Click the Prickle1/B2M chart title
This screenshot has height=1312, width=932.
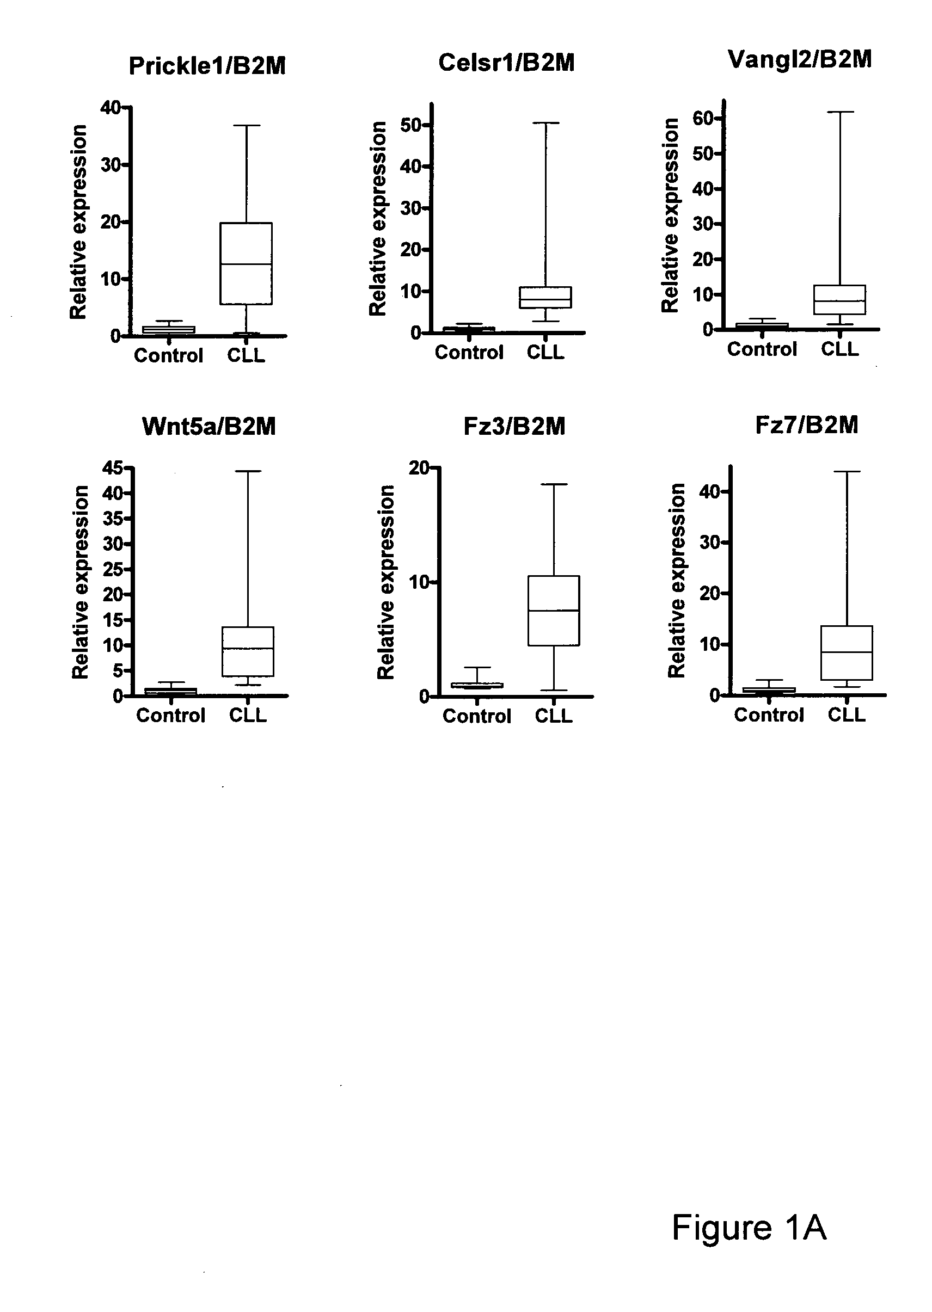pos(207,66)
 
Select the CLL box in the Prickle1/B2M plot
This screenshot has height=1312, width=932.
pos(247,223)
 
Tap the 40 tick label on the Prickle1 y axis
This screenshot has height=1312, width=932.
pos(110,107)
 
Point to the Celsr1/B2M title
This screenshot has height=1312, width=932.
pos(506,63)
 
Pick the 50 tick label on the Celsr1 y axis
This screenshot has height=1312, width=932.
pos(411,125)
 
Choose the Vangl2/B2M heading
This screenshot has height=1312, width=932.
pos(799,59)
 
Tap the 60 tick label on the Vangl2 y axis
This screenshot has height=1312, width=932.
pos(703,118)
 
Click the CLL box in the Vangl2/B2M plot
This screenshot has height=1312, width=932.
pos(839,285)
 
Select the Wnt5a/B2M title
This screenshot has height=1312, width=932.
pos(209,426)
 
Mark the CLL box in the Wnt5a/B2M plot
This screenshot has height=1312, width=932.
pos(248,627)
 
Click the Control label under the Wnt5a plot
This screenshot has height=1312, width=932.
pos(170,716)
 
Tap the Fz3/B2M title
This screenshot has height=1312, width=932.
pos(514,426)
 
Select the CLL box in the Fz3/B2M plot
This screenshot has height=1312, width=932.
pos(554,576)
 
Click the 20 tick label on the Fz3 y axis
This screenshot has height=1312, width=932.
pos(419,467)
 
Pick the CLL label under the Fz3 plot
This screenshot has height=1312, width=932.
pos(554,716)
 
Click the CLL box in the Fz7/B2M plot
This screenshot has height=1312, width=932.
pos(847,626)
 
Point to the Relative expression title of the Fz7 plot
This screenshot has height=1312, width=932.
pos(677,581)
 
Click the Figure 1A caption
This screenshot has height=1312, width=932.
pos(749,1228)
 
